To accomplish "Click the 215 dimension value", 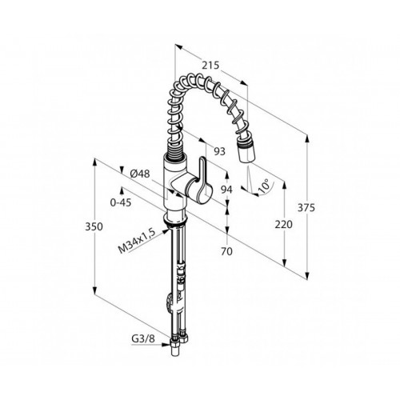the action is (x=210, y=65).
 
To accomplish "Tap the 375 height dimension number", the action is (x=306, y=207).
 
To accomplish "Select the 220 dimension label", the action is (x=283, y=225).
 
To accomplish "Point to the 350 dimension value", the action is (x=94, y=226).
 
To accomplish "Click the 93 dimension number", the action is (x=220, y=151).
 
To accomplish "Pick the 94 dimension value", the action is (x=226, y=190).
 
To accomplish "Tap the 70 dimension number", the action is (x=226, y=251).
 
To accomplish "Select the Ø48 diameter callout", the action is (x=140, y=174).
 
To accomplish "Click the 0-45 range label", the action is (x=121, y=202).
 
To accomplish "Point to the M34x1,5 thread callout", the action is (x=137, y=241).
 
